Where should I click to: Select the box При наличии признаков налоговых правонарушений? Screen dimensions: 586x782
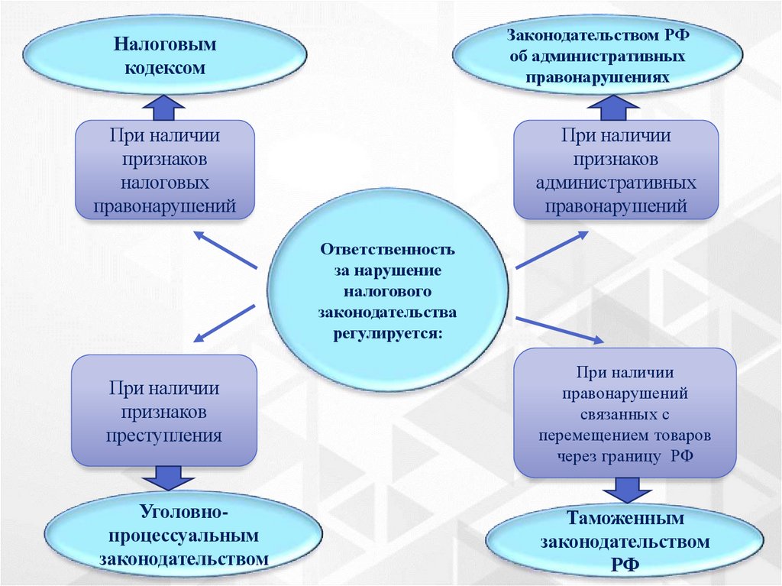[x=165, y=170]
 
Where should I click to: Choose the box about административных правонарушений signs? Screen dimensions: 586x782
[x=616, y=170]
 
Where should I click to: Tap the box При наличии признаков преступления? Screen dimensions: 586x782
[x=164, y=411]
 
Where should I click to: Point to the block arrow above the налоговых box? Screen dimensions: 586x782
[x=163, y=108]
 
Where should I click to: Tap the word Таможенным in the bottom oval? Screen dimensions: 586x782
[x=625, y=519]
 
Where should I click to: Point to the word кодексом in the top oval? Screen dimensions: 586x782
[x=166, y=68]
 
